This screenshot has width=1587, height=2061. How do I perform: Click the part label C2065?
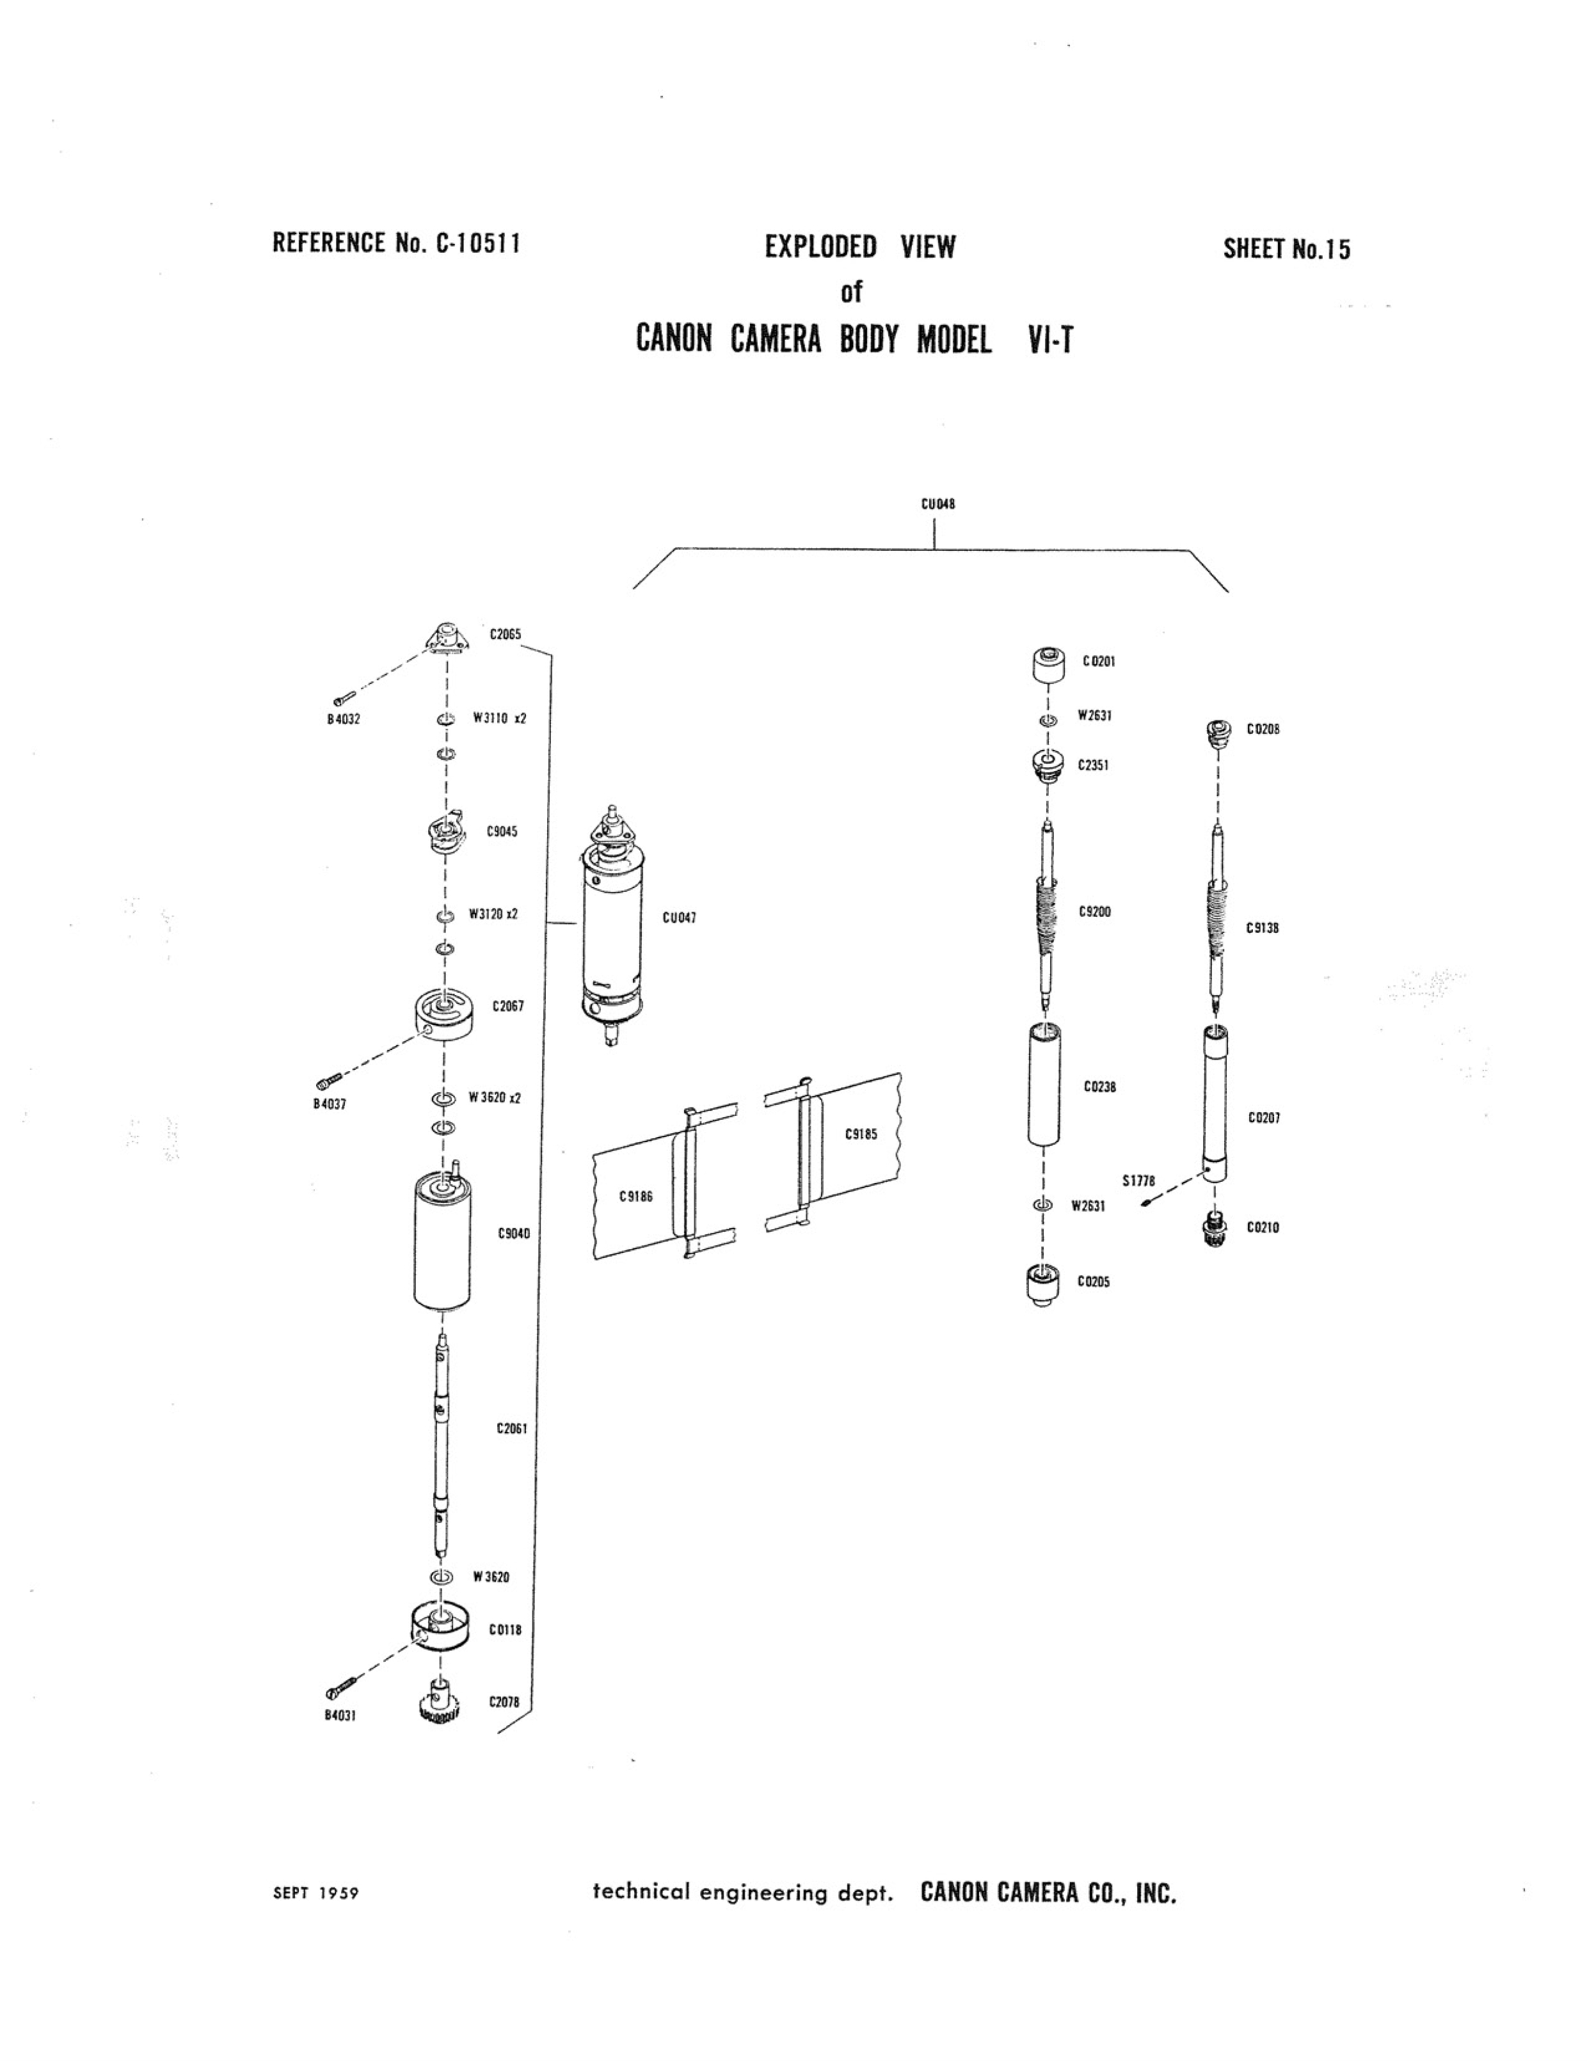[505, 634]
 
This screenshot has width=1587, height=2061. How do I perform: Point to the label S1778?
[1139, 1181]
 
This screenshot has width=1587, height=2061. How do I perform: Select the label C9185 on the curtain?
[861, 1134]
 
